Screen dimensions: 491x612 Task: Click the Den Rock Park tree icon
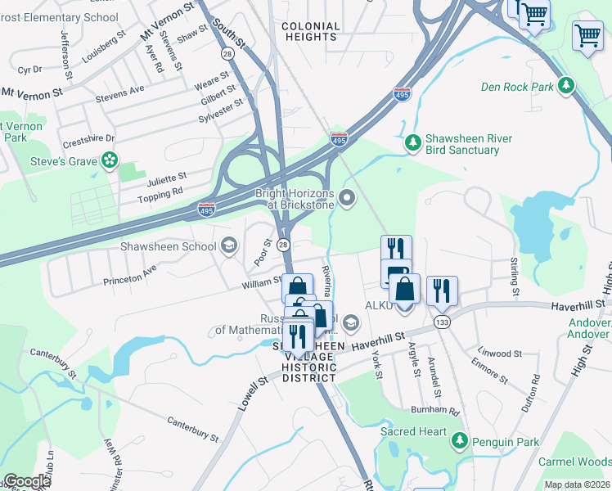coord(565,86)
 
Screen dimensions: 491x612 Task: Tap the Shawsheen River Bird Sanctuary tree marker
coord(413,144)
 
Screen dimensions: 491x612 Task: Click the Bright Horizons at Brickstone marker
coord(349,197)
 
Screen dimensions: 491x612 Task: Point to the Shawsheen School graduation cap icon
coord(228,245)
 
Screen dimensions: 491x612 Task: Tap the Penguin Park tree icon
coord(460,442)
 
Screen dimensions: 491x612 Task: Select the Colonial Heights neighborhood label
coord(310,31)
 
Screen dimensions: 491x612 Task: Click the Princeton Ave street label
coord(129,275)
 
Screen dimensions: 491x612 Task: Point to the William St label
coord(261,282)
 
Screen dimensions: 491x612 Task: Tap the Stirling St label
coord(514,276)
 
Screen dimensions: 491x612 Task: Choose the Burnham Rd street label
coord(436,410)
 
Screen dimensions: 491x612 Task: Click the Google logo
coord(26,481)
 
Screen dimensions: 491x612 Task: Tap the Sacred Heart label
coord(414,431)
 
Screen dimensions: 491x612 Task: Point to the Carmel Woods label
coord(574,462)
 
